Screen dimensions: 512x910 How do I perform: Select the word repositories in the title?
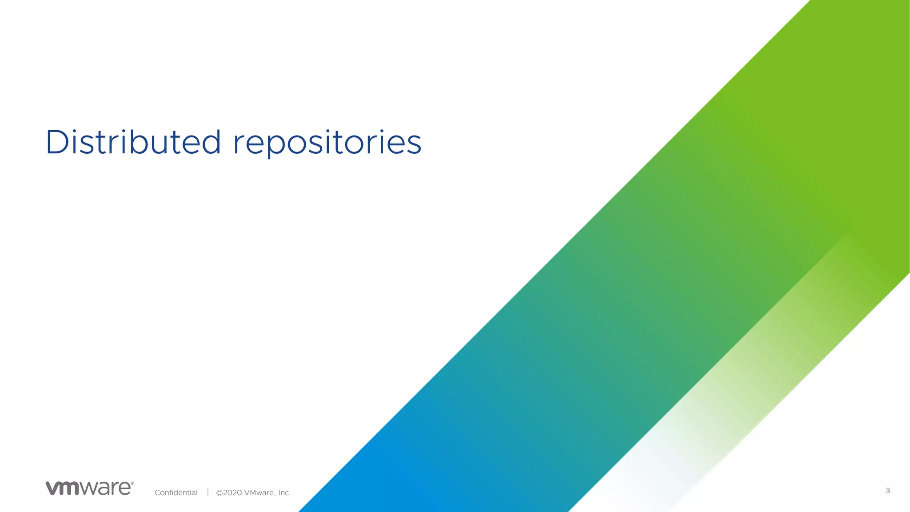(327, 143)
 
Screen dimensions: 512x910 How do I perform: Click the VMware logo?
(89, 488)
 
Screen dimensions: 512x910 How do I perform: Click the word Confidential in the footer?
(176, 492)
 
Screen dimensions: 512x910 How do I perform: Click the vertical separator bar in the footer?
(208, 492)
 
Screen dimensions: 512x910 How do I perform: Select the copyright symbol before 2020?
(219, 492)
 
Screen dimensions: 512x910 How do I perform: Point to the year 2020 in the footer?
(232, 492)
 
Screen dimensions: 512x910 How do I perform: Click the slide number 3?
(888, 491)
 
